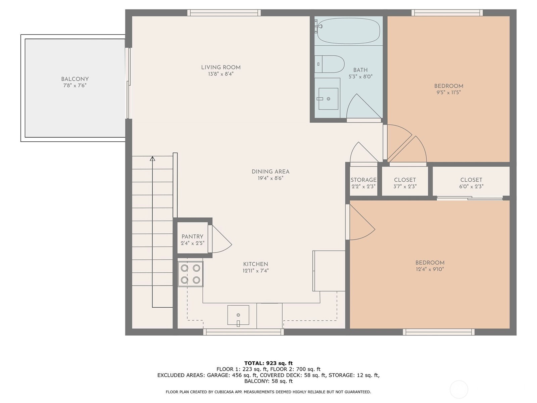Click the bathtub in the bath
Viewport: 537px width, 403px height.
point(349,31)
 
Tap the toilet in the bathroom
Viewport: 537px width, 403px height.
point(331,64)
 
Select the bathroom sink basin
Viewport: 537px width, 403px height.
point(328,99)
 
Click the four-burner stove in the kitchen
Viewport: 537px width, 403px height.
point(190,274)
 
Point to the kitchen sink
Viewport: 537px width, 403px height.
point(238,315)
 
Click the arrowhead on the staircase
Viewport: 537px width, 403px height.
point(152,159)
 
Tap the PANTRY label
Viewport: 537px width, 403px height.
point(192,236)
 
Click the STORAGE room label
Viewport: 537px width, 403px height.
point(363,180)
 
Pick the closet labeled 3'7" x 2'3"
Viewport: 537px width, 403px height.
point(405,183)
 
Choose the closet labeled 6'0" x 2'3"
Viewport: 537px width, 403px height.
point(471,183)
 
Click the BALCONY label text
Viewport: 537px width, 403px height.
point(75,79)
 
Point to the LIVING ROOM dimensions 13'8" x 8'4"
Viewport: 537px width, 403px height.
point(221,74)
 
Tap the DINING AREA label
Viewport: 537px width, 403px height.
point(271,172)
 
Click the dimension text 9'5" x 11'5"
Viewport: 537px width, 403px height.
point(448,92)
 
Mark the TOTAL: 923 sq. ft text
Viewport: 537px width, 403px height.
point(268,363)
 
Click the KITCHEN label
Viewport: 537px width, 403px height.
point(255,264)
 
